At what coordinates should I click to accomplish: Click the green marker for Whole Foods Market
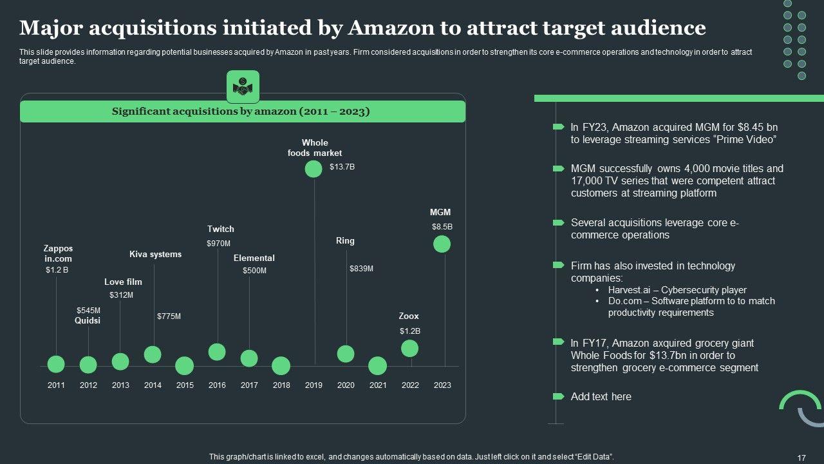314,169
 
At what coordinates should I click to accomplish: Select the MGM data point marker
442,244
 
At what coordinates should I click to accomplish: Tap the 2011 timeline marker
56,364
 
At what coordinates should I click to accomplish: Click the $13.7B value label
342,167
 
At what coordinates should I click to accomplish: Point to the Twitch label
221,229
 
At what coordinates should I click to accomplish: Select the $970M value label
218,244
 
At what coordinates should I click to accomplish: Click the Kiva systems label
155,254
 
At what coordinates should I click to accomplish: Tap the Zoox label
409,316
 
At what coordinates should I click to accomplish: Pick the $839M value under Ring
361,269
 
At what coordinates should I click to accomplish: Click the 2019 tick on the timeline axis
314,385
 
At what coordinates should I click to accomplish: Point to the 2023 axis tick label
442,385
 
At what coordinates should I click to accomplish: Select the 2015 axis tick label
185,385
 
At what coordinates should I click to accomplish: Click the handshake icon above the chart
243,87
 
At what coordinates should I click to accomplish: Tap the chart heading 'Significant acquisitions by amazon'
241,111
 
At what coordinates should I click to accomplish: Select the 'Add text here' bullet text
601,396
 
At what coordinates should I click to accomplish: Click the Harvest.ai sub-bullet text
677,290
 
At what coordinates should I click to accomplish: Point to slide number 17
801,458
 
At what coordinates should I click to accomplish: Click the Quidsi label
88,320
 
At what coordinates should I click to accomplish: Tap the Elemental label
254,258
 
